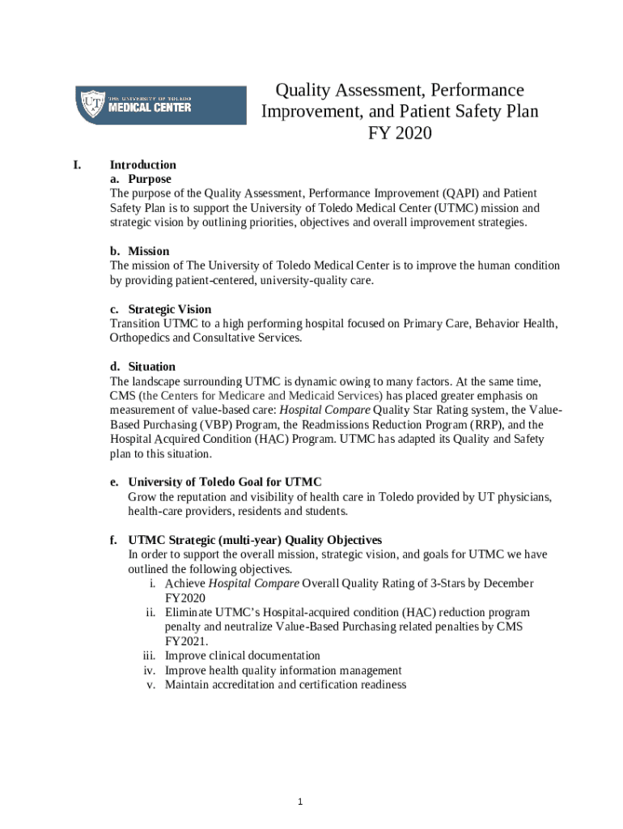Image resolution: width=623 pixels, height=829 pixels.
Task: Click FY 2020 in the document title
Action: tap(399, 133)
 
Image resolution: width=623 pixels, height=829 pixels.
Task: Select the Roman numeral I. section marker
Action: tap(78, 164)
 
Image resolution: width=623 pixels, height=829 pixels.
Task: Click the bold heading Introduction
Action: tap(142, 164)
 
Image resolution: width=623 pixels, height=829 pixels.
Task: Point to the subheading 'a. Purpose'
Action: tap(140, 179)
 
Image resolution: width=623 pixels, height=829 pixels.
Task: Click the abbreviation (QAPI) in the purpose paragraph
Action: tap(461, 193)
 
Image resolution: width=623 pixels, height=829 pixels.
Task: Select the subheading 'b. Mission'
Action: tap(139, 251)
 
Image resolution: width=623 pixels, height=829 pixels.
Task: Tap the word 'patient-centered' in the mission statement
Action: tap(208, 280)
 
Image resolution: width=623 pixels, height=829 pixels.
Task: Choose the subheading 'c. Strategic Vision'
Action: tap(160, 309)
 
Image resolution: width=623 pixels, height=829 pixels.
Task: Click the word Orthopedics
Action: tap(139, 338)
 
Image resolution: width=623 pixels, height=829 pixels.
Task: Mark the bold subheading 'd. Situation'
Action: tap(142, 367)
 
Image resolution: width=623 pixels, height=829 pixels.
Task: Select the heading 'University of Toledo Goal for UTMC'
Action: tap(225, 482)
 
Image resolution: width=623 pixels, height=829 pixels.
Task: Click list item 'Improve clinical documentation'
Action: tap(242, 656)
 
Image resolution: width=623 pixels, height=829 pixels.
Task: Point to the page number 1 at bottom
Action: tap(299, 801)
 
